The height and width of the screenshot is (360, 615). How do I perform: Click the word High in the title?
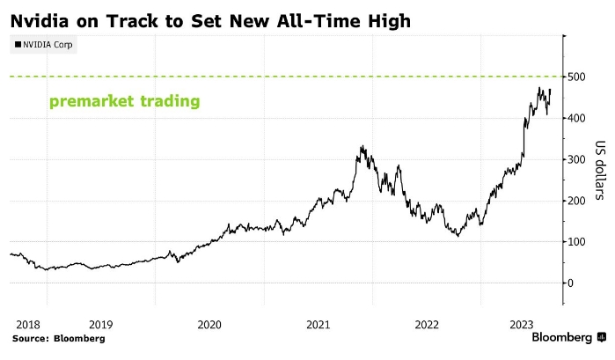coord(386,19)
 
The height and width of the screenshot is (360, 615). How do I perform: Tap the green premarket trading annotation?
coord(124,102)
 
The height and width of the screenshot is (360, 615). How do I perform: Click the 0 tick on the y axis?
coord(573,283)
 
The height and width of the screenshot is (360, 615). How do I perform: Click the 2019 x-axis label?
coord(100,324)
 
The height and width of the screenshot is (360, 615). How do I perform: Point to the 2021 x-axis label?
coord(318,324)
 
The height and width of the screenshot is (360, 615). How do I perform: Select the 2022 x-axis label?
coord(427,324)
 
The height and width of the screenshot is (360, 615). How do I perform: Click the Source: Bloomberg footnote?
coord(58,338)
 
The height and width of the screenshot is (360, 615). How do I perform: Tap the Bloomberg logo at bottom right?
coord(568,338)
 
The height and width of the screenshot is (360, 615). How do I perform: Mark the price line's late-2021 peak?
coord(362,147)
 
